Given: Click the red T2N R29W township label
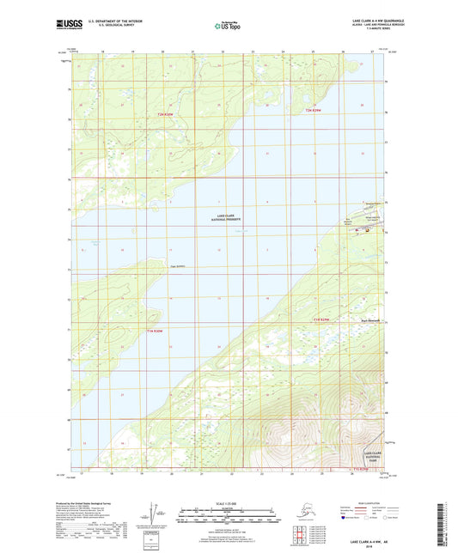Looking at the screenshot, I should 316,111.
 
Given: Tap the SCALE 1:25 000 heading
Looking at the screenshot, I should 229,502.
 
